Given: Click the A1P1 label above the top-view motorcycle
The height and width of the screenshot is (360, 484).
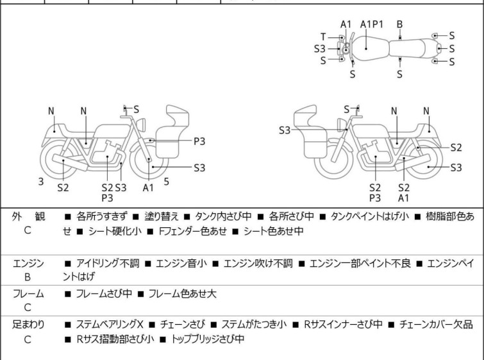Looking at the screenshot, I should [372, 24].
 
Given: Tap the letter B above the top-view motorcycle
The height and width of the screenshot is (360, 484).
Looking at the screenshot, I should [399, 24].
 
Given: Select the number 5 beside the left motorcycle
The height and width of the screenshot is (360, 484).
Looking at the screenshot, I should [166, 182].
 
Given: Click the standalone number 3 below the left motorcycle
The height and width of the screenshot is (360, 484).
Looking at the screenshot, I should [41, 182].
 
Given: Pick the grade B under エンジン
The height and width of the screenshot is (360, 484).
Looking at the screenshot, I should [28, 277].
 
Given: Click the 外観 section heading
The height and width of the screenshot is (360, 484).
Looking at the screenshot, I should [28, 217].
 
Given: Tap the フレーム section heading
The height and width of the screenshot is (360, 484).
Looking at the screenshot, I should [28, 294].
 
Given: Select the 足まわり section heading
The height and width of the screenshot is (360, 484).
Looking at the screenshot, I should [28, 325].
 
